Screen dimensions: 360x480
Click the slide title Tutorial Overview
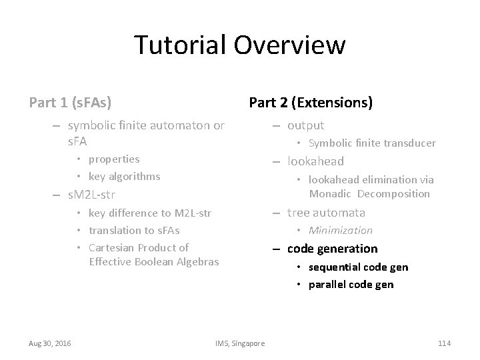[240, 45]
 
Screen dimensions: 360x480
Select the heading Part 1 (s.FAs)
[70, 103]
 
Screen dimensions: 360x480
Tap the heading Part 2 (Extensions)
[310, 103]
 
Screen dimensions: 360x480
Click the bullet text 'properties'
[114, 159]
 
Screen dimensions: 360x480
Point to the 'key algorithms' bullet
[124, 176]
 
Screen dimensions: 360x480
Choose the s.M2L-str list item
[92, 196]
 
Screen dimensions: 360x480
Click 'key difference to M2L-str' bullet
[149, 213]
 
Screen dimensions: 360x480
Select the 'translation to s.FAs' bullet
[134, 230]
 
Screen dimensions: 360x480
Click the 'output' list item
[305, 125]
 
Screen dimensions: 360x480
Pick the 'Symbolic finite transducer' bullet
[371, 143]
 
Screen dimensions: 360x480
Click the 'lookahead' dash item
[315, 161]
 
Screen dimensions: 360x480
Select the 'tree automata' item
[326, 213]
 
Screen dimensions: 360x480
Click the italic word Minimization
[340, 231]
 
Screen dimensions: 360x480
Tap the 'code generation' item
[332, 249]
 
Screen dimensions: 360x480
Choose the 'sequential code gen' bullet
[358, 267]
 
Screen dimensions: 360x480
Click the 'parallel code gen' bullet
[351, 285]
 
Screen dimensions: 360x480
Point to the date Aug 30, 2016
[51, 343]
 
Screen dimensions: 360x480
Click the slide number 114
[444, 343]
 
